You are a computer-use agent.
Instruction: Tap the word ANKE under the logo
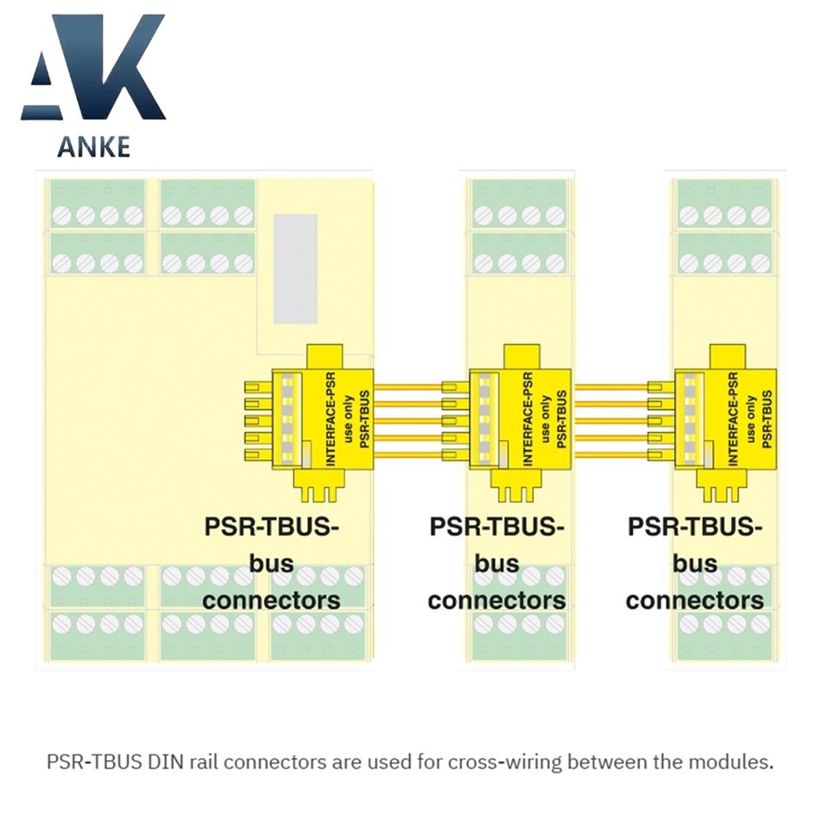(x=93, y=146)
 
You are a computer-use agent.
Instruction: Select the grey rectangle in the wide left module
(x=296, y=268)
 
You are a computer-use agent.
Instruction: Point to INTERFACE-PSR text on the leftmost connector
(x=331, y=420)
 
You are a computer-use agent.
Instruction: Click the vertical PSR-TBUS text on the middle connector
(x=562, y=420)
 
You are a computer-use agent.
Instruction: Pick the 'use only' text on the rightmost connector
(x=751, y=420)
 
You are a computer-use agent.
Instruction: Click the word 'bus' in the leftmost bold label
(x=271, y=564)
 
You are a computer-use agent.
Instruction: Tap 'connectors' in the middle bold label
(x=497, y=600)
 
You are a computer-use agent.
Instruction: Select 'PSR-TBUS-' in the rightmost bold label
(x=695, y=527)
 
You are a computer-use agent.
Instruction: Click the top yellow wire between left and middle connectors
(x=408, y=386)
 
